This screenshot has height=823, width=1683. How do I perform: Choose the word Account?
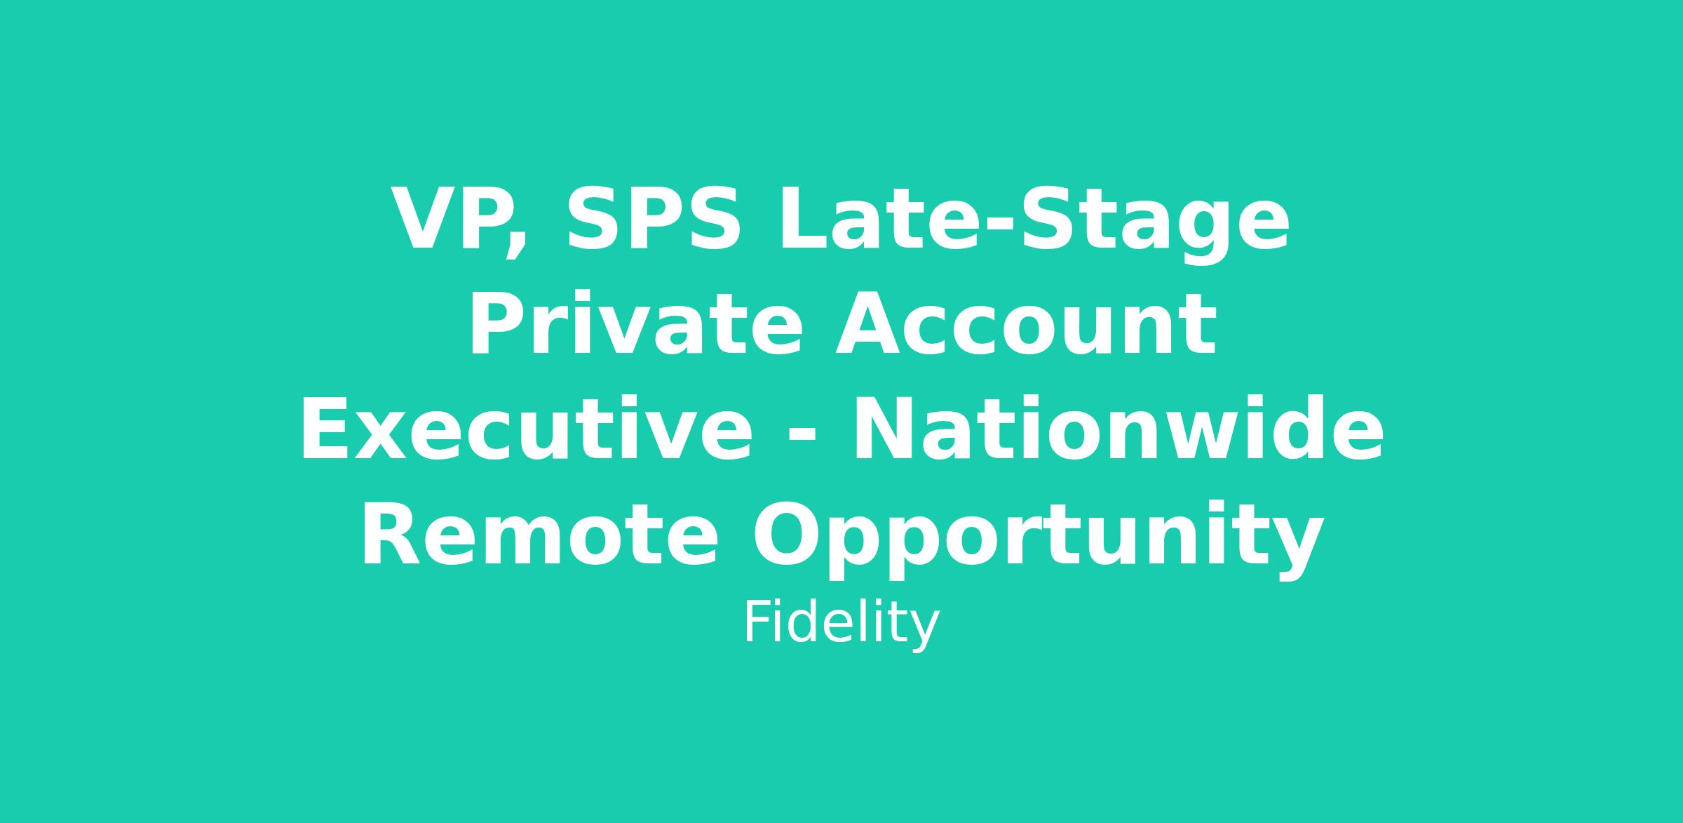(1025, 325)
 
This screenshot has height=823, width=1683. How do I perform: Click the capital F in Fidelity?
(756, 622)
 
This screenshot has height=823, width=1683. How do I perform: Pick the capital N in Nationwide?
(884, 429)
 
